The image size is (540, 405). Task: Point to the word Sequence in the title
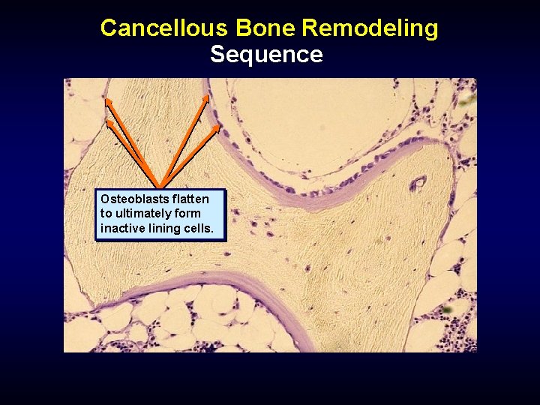266,55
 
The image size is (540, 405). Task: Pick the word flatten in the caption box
190,199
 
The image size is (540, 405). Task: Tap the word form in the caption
186,214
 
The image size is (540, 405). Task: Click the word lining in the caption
165,228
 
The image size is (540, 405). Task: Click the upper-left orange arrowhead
108,100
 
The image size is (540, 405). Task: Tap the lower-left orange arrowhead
109,121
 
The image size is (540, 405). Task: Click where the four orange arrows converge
160,186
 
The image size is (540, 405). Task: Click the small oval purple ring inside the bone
417,182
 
